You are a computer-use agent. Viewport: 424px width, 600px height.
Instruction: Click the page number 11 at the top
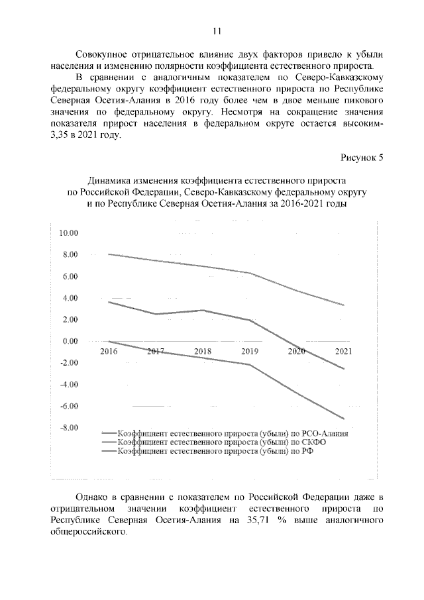(216, 30)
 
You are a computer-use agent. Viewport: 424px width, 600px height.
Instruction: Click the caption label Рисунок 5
(362, 157)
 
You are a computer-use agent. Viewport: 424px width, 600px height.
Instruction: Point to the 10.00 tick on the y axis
(69, 233)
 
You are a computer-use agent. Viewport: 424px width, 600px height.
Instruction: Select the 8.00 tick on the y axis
(70, 255)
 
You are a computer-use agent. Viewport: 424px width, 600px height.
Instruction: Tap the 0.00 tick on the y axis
(70, 342)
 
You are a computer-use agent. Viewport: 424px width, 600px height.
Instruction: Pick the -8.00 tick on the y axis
(69, 428)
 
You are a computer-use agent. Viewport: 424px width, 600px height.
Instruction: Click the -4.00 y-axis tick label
(69, 385)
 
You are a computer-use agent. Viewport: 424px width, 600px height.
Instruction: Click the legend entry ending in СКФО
(222, 442)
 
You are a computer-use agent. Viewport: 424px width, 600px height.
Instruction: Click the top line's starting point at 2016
(109, 254)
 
